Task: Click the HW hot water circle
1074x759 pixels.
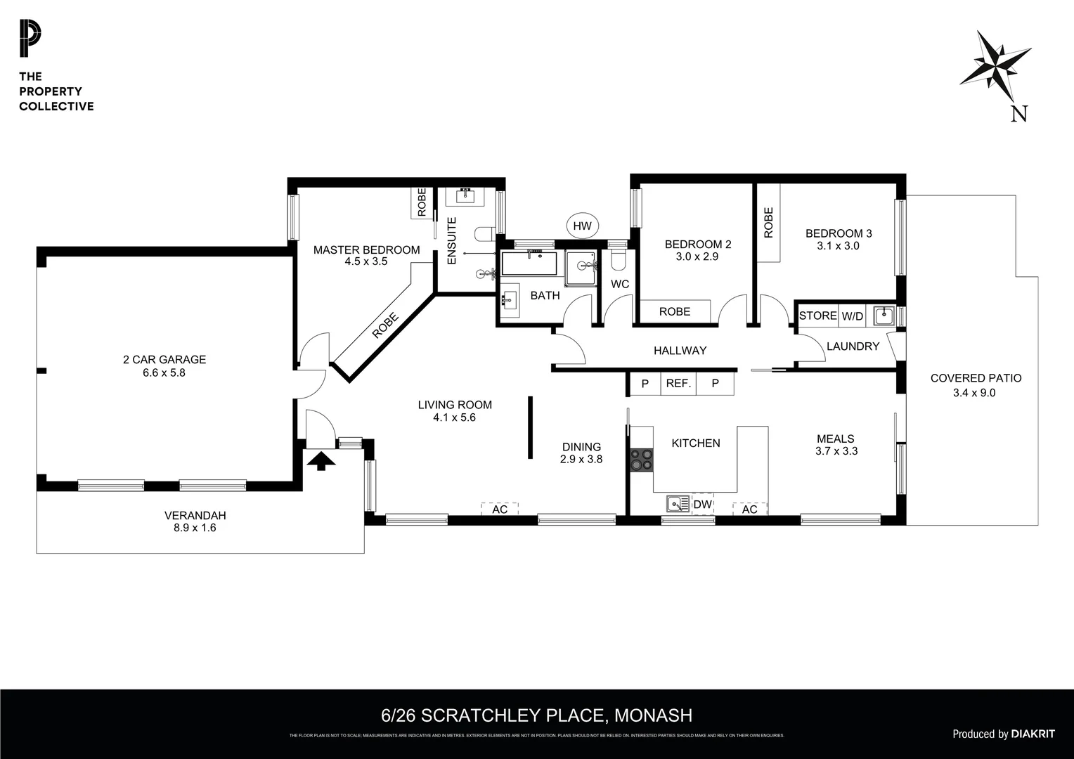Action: (x=582, y=226)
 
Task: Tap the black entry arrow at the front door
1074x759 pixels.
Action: (x=321, y=461)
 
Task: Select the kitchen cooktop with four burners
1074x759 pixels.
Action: (x=641, y=460)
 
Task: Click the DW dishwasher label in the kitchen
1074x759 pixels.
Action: (x=703, y=505)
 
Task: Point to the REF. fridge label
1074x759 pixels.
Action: (x=678, y=384)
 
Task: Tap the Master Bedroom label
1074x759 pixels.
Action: (x=366, y=249)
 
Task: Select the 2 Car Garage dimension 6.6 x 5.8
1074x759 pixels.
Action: (x=164, y=372)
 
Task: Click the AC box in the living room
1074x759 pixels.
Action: (x=500, y=509)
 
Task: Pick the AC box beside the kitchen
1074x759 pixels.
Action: (x=749, y=509)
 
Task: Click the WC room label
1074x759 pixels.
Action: (x=619, y=284)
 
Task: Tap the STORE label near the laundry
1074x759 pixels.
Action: (x=817, y=316)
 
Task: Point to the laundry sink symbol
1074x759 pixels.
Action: (x=884, y=316)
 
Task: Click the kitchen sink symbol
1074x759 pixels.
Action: (x=678, y=504)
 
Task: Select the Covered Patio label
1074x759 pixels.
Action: (x=976, y=378)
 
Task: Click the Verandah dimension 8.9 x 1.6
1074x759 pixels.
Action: (x=195, y=528)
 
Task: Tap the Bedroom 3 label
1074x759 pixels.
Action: (x=839, y=233)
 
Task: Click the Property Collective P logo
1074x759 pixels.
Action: (x=30, y=39)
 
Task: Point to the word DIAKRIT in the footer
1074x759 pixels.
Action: (x=1033, y=734)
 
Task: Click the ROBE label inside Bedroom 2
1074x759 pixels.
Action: (x=674, y=311)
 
